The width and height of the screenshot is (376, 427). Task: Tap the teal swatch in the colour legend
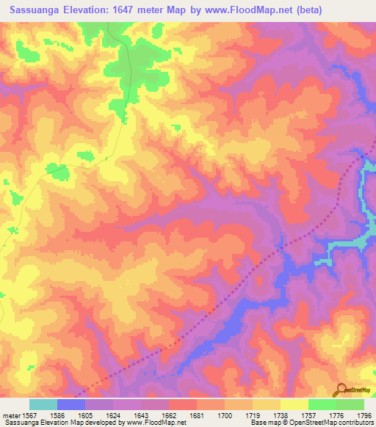tap(43, 404)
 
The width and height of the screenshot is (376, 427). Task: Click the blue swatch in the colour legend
tap(70, 404)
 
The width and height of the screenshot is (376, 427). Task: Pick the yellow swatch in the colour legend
tap(294, 404)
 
